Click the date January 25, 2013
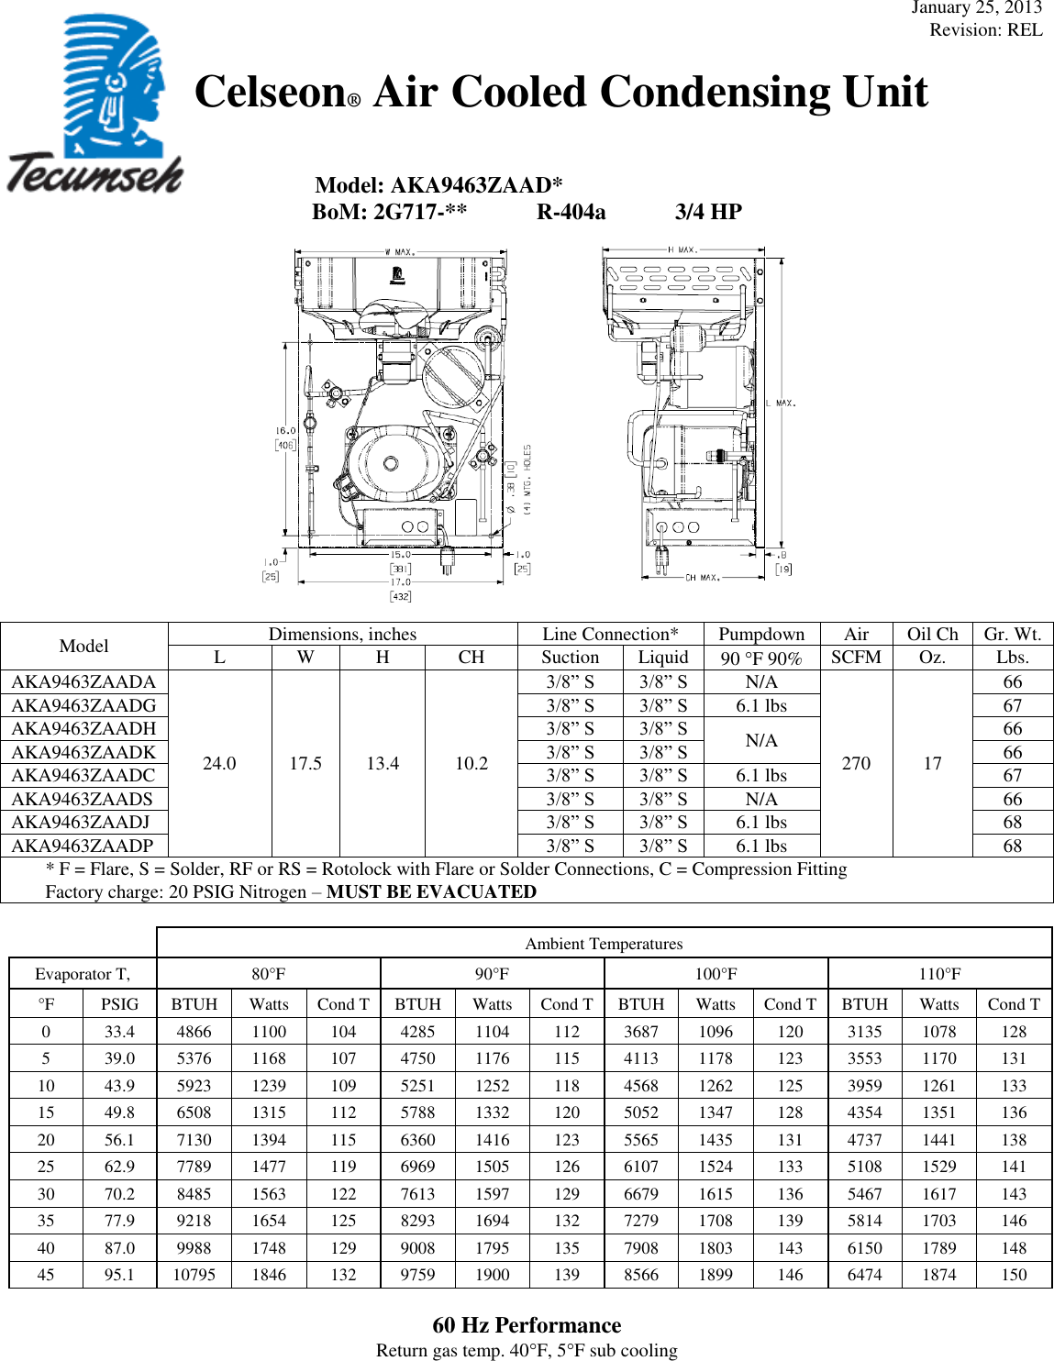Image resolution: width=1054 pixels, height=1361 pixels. tap(976, 8)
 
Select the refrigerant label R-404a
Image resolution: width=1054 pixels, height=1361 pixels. tap(571, 213)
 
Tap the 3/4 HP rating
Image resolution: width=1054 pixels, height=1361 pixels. tap(708, 213)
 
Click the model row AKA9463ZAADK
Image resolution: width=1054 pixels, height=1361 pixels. tap(83, 752)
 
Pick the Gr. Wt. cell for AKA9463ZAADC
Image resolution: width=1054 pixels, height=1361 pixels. tap(1012, 775)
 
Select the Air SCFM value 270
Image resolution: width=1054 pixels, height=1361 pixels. tap(856, 763)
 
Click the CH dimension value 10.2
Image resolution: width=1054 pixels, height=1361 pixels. tap(472, 763)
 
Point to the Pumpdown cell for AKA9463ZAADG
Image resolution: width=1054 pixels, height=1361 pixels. tap(761, 705)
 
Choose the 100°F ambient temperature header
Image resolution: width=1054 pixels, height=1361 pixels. tap(716, 974)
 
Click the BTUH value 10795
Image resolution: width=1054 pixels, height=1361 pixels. tap(194, 1275)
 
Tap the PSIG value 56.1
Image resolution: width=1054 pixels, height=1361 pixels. tap(119, 1140)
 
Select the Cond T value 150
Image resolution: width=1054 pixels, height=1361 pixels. tap(1014, 1275)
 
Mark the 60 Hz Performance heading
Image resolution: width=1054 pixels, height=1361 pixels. tap(527, 1325)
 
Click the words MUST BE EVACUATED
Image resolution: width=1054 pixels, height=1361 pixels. tap(431, 891)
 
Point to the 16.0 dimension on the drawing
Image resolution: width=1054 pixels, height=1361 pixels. tap(285, 430)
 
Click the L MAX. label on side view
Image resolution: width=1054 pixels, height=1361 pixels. tap(781, 403)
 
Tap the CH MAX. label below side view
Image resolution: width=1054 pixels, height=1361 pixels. tap(703, 578)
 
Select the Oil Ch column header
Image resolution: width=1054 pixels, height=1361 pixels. tap(932, 634)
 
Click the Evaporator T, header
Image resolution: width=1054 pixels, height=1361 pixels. tap(83, 974)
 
